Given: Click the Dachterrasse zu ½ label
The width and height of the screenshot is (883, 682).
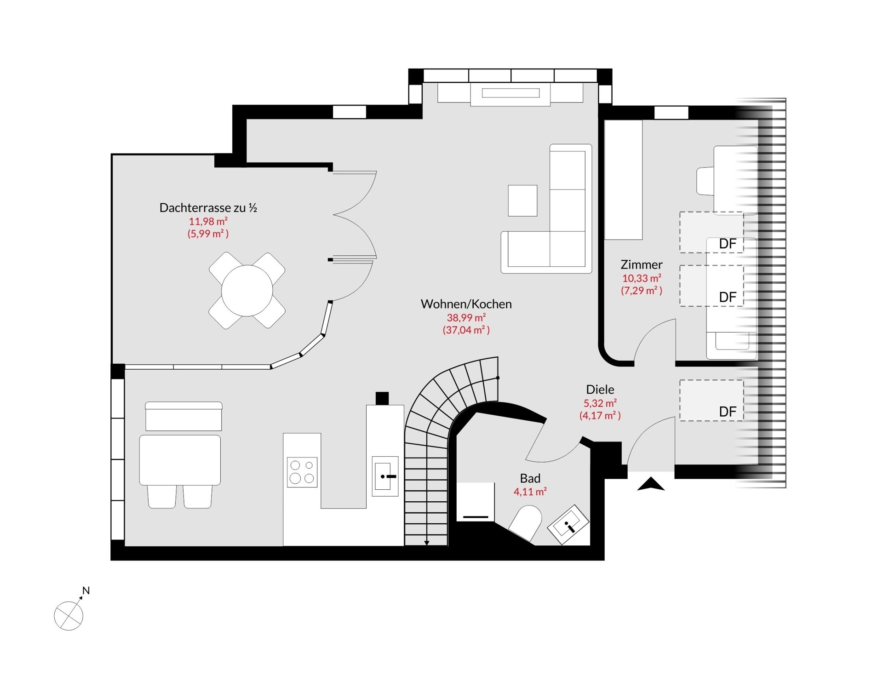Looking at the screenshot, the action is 208,208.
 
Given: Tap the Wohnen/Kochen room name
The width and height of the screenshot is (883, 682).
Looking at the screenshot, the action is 466,304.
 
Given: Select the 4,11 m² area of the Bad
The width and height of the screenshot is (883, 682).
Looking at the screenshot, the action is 530,492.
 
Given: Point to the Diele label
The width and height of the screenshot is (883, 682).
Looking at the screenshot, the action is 600,390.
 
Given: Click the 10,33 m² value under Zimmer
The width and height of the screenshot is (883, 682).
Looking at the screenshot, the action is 642,278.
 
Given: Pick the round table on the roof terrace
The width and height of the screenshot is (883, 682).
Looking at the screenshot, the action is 247,291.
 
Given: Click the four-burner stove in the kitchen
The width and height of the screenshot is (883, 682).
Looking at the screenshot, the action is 302,472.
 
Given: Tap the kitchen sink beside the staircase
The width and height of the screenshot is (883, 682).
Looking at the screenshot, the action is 385,476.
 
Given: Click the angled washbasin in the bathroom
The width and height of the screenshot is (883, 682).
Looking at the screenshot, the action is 568,524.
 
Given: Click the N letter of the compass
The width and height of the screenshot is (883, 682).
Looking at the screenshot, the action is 86,590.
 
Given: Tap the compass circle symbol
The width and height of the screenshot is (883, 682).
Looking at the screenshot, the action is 69,616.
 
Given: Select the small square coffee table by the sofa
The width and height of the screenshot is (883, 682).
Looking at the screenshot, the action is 522,201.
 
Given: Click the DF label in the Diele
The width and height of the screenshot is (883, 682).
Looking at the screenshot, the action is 728,412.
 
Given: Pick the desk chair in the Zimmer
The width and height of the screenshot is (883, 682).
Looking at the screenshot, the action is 705,181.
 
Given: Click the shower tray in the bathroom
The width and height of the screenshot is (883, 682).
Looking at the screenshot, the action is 476,502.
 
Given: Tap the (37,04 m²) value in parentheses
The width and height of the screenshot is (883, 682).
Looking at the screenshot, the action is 466,330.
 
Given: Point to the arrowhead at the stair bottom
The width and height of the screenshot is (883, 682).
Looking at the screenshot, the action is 427,543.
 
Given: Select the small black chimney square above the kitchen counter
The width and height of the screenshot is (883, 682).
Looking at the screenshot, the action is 382,398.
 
